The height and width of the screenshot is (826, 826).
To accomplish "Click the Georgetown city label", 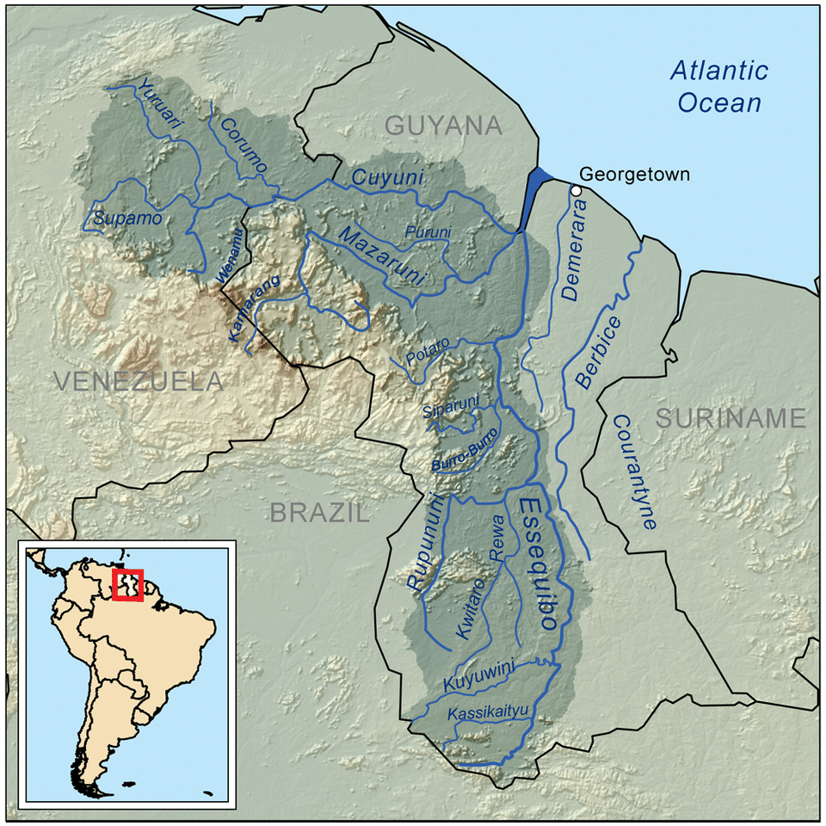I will click(634, 175).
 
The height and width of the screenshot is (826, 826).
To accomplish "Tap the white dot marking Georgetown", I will click(575, 190).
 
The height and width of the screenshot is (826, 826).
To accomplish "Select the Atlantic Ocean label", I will click(719, 86).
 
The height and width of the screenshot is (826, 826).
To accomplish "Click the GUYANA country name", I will click(443, 126).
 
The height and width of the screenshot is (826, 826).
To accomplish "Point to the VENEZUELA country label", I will click(138, 381).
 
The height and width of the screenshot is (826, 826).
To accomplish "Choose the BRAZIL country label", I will click(319, 514).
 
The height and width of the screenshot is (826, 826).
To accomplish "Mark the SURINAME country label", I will click(730, 419).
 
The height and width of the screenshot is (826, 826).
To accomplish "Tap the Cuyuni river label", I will click(388, 180).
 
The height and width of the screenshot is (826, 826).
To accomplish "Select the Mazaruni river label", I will click(383, 256).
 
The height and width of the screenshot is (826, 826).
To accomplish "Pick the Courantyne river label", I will click(634, 471).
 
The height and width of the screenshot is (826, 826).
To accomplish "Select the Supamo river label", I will click(127, 219).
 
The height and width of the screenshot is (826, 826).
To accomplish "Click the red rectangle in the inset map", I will click(127, 585).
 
